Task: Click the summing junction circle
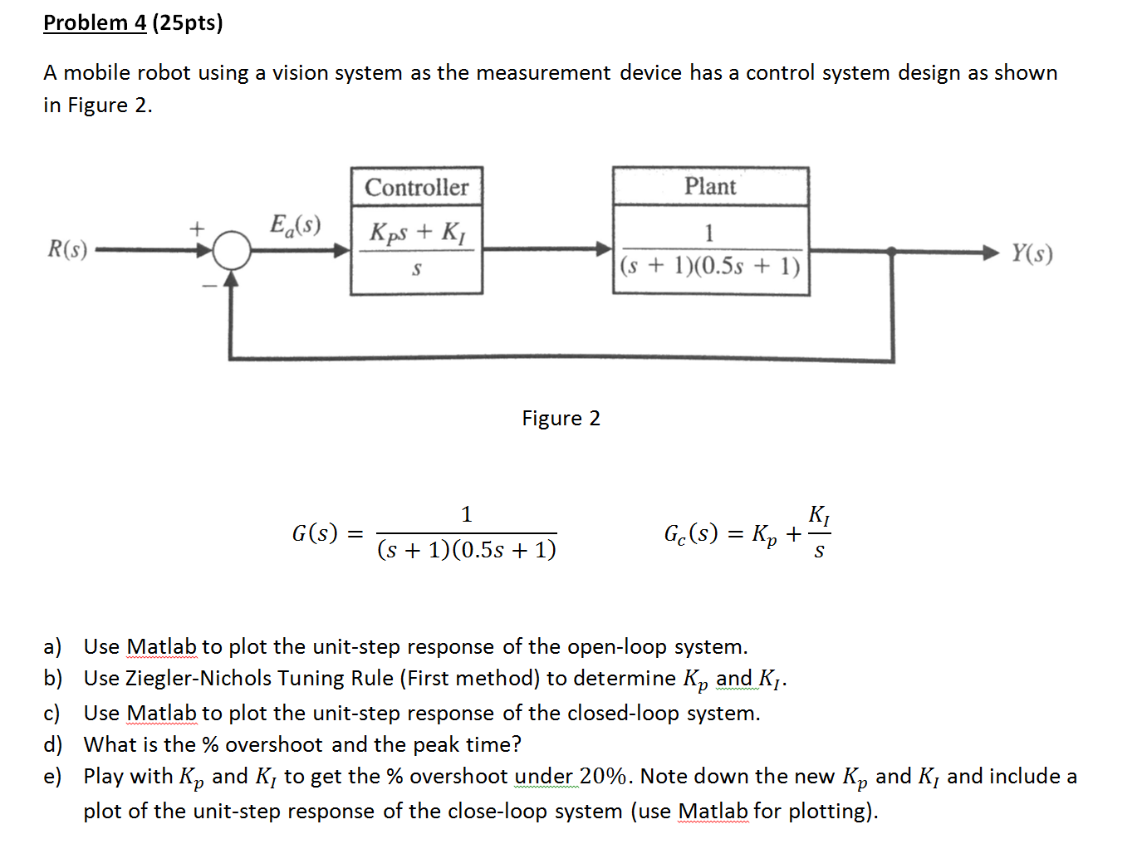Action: pos(232,250)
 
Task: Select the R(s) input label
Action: pos(67,249)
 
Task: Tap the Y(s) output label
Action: pos(1032,253)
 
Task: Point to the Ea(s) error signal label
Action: pos(295,225)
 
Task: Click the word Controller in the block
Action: pos(416,188)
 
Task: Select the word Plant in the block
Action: pos(710,186)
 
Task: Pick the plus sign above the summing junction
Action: pos(197,227)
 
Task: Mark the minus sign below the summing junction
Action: pos(208,286)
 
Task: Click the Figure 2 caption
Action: pos(561,418)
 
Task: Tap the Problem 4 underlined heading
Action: pos(95,22)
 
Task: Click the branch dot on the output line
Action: pos(891,250)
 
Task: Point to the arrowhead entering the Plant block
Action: pos(604,248)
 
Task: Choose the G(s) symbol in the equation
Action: pos(315,532)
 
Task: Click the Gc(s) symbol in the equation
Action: pos(690,533)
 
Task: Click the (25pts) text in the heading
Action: pos(187,22)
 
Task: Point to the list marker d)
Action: pos(53,744)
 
